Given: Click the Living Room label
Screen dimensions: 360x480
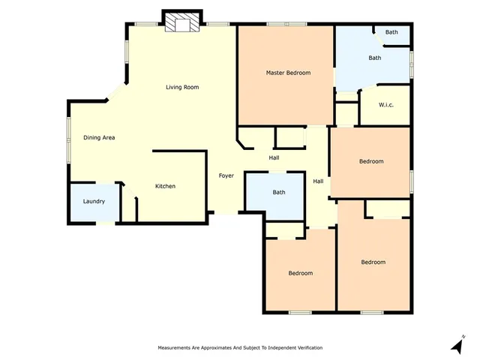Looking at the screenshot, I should click(182, 88).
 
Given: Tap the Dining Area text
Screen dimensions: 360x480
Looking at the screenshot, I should click(99, 138).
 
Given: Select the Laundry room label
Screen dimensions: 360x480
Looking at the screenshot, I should click(94, 202).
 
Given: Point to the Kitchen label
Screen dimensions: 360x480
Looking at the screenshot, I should click(165, 186).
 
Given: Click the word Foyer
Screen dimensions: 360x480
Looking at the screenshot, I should click(226, 175).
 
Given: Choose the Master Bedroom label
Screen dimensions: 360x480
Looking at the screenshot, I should click(288, 73).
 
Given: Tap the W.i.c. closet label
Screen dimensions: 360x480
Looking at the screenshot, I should click(386, 104).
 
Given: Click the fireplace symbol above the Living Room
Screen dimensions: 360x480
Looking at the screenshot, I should click(182, 23).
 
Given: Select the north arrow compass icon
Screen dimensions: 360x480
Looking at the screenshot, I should click(457, 344).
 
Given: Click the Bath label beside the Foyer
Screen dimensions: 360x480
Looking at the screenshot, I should click(279, 193).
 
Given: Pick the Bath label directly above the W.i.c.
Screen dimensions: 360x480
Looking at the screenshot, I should click(374, 58).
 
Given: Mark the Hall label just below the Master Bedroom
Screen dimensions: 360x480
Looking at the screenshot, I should click(274, 157).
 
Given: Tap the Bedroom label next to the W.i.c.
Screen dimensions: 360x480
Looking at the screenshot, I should click(371, 161).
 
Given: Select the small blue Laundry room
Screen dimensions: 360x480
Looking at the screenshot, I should click(94, 202).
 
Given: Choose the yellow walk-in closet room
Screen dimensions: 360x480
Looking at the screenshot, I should click(385, 106).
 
